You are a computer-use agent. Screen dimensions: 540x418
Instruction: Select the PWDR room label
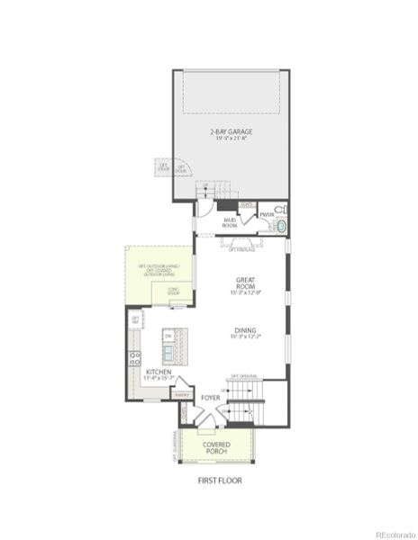pyautogui.click(x=267, y=214)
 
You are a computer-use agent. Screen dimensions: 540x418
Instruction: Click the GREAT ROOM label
pyautogui.click(x=245, y=285)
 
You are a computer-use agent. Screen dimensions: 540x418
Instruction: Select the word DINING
pyautogui.click(x=245, y=331)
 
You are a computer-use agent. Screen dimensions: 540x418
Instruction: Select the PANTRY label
pyautogui.click(x=182, y=394)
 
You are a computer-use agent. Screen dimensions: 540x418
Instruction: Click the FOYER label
pyautogui.click(x=211, y=397)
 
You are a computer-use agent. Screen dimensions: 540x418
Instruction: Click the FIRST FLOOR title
pyautogui.click(x=220, y=481)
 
